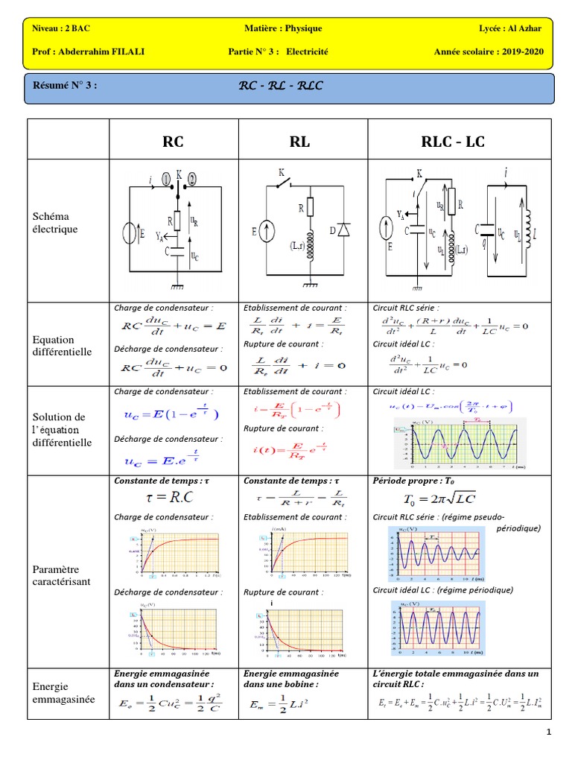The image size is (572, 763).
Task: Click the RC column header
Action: point(173,141)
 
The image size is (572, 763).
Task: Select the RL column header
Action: point(301,141)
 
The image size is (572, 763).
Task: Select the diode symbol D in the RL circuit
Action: point(343,230)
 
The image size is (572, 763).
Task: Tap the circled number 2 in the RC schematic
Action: point(191,179)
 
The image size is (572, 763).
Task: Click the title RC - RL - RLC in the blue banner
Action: point(280,86)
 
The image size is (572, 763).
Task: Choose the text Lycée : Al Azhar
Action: point(510,28)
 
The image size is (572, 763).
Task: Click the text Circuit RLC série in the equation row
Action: point(406,307)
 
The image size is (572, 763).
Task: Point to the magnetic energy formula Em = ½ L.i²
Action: point(286,702)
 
